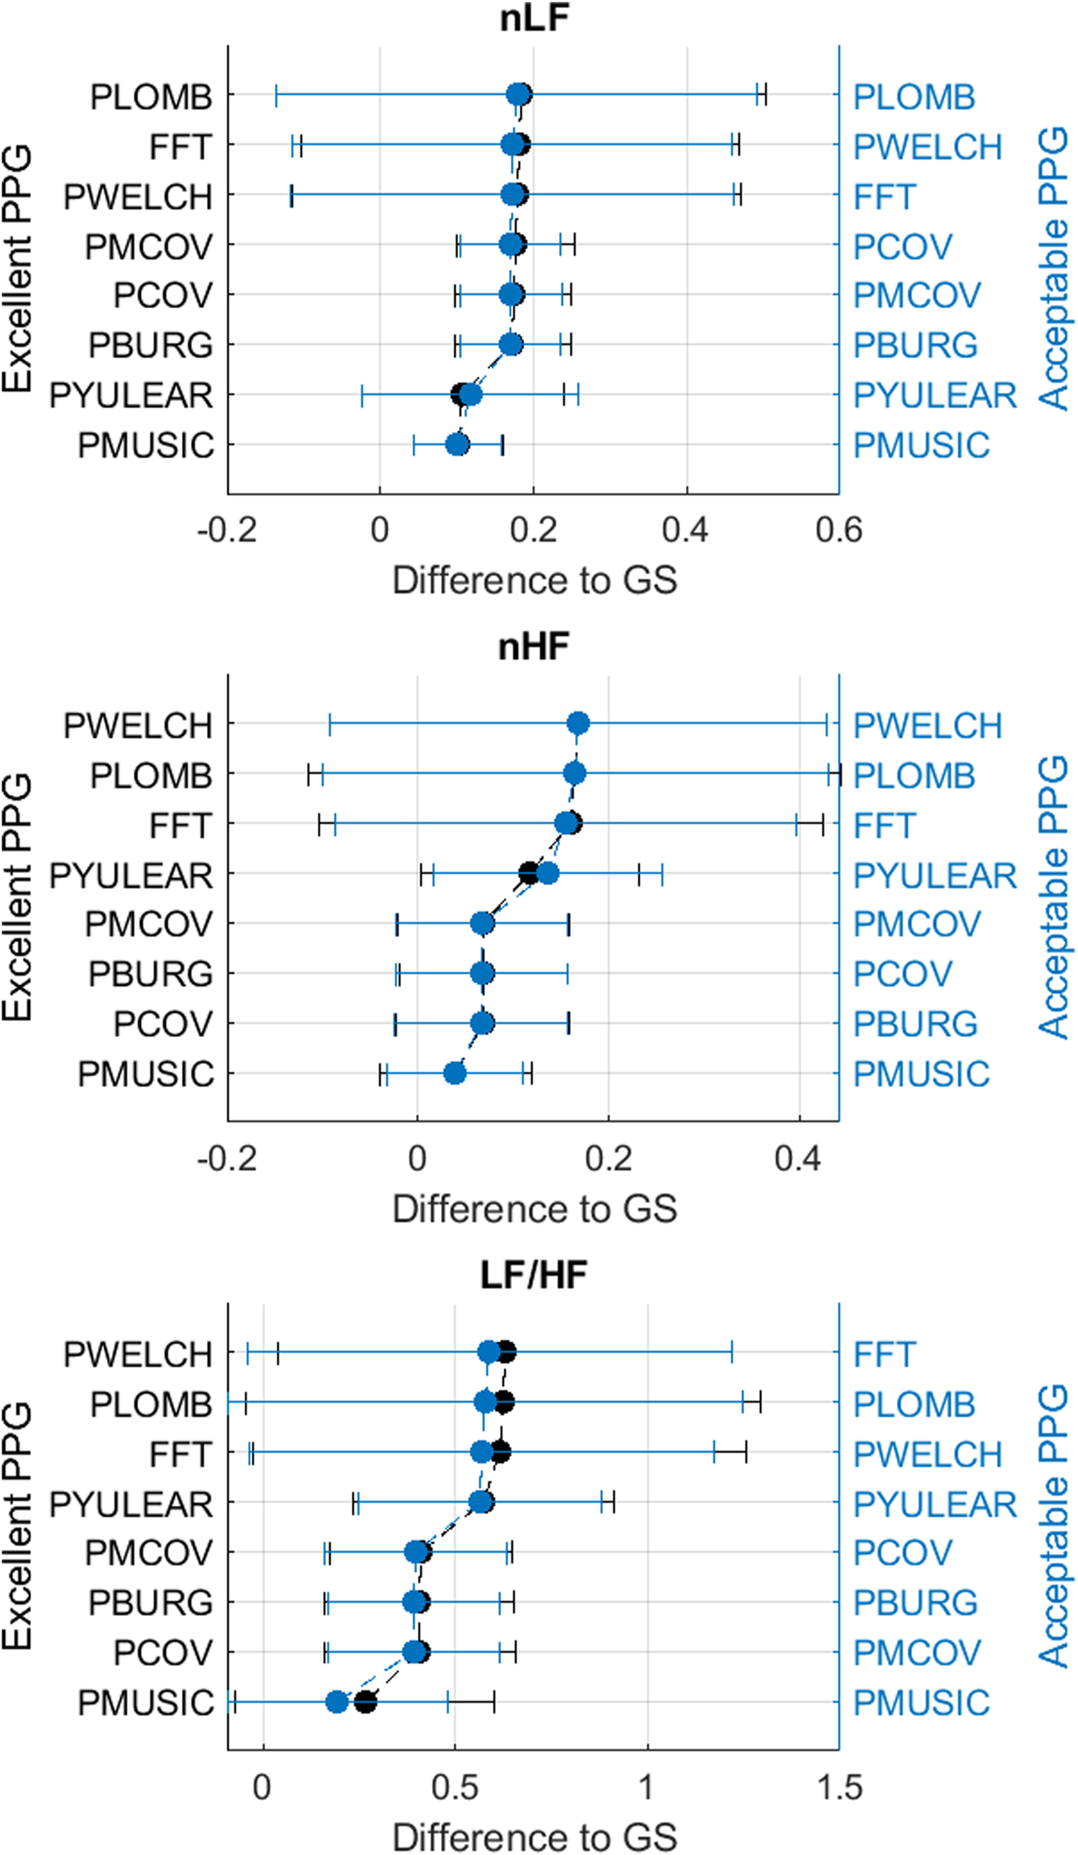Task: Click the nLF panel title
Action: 534,18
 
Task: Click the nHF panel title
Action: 534,646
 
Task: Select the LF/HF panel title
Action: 534,1275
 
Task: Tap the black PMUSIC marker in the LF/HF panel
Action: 366,1702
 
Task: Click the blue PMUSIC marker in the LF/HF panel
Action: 337,1702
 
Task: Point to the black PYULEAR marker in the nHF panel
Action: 528,873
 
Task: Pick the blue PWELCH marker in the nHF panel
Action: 578,723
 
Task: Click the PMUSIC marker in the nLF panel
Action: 457,444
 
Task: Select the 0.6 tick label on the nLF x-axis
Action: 838,530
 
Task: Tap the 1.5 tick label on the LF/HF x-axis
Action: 838,1787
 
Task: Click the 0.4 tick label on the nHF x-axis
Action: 798,1159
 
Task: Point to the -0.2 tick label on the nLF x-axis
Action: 227,530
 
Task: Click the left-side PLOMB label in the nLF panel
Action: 151,97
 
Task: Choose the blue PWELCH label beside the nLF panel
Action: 927,147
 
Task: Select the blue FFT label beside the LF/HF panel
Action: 884,1354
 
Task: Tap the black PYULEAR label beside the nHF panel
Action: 131,876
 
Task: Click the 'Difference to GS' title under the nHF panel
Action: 534,1209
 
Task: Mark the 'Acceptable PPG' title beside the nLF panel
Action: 1053,269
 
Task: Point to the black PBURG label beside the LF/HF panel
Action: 151,1602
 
